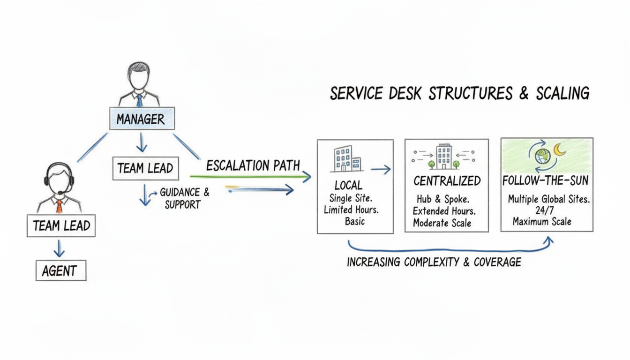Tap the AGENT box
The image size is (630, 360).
61,270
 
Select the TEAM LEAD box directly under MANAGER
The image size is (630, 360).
145,168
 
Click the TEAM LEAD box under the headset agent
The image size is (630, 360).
61,226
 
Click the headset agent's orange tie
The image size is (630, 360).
59,206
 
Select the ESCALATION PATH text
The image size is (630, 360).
253,165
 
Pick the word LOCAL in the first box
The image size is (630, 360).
348,185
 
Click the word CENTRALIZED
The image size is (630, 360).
447,181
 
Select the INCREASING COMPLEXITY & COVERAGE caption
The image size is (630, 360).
434,262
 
